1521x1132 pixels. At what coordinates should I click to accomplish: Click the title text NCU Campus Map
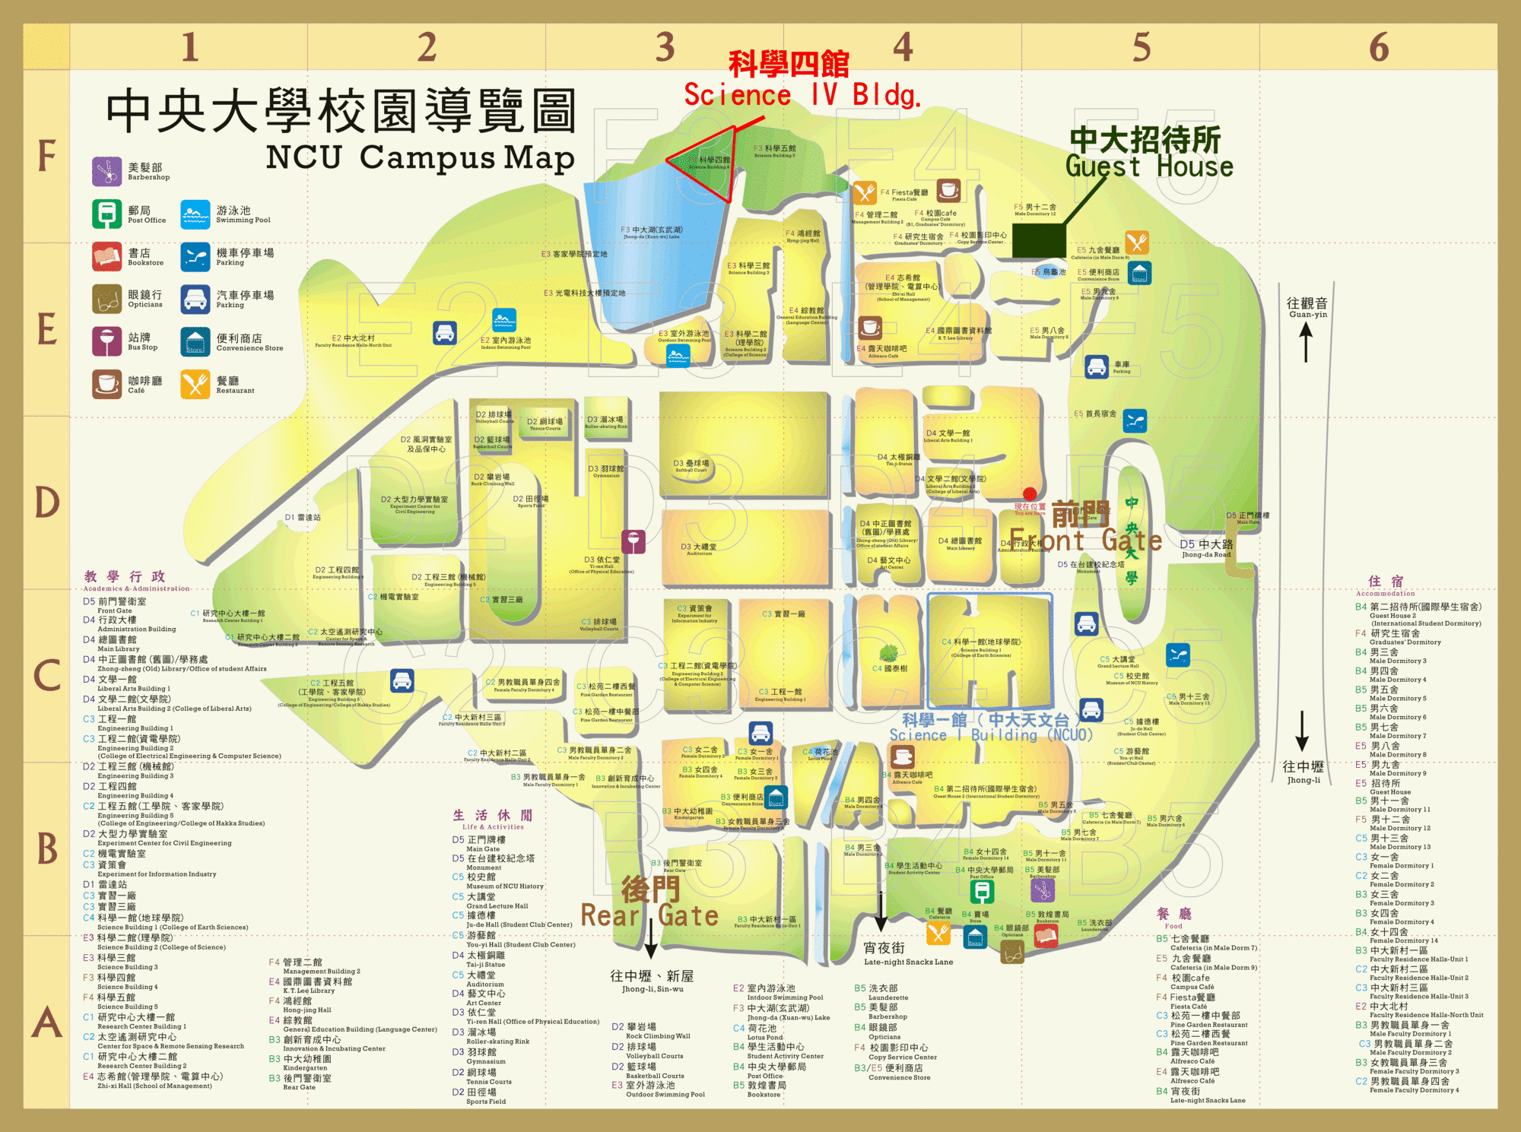click(x=420, y=157)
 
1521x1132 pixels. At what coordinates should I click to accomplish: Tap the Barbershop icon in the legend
click(x=106, y=172)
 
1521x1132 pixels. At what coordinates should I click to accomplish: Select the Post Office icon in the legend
click(x=106, y=214)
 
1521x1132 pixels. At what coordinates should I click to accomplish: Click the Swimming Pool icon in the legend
click(x=195, y=214)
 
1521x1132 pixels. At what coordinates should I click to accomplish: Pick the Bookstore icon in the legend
click(x=106, y=257)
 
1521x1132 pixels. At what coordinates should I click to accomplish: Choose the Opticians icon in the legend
click(x=106, y=299)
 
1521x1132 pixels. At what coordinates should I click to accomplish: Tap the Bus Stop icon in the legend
click(x=106, y=341)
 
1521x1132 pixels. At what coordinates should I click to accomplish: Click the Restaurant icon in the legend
click(x=195, y=384)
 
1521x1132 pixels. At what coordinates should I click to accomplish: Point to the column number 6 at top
click(x=1378, y=47)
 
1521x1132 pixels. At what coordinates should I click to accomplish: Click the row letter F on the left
click(x=46, y=156)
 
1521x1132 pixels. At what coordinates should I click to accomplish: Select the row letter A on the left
click(x=46, y=1023)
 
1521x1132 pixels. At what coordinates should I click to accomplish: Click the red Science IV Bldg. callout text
click(x=802, y=95)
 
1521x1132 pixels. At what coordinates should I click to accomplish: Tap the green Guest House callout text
click(x=1148, y=165)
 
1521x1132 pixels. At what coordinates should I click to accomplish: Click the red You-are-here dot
click(x=1030, y=494)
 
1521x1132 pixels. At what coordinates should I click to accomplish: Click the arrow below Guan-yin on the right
click(x=1306, y=342)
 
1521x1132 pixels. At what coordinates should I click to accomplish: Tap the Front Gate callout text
click(x=1085, y=540)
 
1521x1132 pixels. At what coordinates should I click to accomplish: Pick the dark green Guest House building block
click(x=1039, y=240)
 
